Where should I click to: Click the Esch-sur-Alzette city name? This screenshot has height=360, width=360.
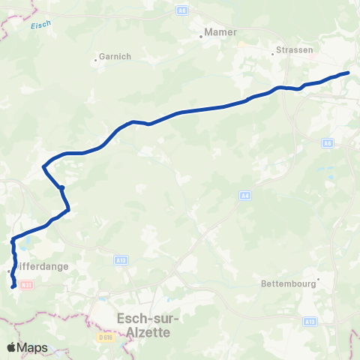point(144,324)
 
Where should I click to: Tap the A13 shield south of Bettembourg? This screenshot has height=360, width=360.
point(310,321)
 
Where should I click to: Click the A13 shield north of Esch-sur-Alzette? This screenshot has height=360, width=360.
point(121,259)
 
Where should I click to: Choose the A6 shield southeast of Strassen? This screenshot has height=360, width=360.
point(328,142)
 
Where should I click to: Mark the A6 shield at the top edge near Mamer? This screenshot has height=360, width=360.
point(182,10)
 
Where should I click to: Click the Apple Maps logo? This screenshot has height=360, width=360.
point(27,347)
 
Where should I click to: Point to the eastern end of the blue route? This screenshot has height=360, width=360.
point(348,73)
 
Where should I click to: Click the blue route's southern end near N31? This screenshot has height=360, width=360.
point(13,286)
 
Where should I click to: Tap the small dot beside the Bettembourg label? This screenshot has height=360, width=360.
point(319,280)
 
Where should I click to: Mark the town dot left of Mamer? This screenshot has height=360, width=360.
point(202,36)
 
